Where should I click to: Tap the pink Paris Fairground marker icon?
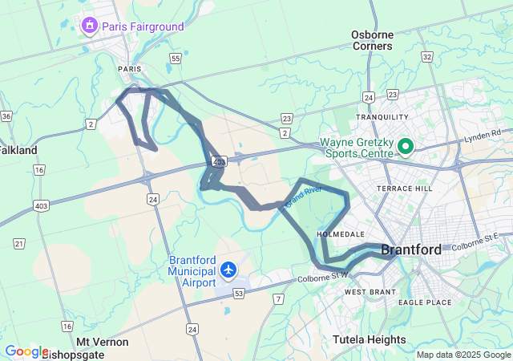click(89, 26)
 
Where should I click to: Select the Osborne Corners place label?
click(372, 40)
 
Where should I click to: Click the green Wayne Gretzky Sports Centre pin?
click(406, 146)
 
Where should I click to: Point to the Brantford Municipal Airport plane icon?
click(229, 270)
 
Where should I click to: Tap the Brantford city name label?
click(410, 249)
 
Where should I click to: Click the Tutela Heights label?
click(370, 339)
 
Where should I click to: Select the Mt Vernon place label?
click(103, 342)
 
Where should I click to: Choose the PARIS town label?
click(129, 69)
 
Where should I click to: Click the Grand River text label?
click(304, 194)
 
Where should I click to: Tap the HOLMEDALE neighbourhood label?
click(341, 233)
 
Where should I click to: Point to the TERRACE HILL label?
click(405, 188)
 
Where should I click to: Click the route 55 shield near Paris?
click(175, 59)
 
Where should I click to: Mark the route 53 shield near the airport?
click(238, 294)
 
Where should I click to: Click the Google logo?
click(26, 351)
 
